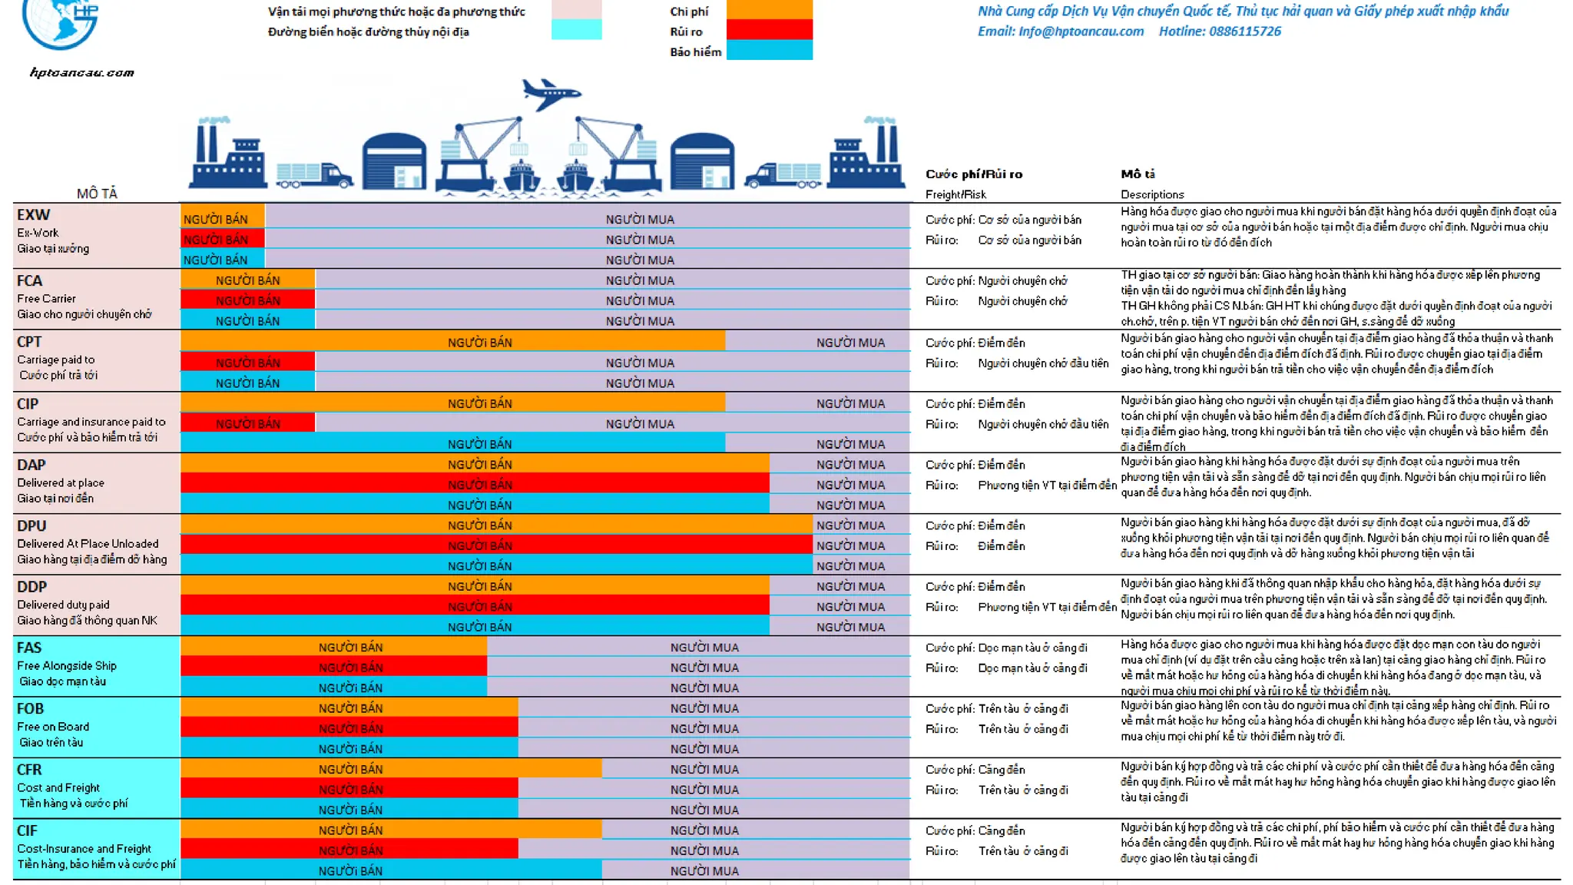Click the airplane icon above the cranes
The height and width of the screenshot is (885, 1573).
(550, 94)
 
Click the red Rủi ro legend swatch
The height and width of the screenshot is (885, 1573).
(769, 30)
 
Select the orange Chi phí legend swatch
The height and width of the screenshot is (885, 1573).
(769, 9)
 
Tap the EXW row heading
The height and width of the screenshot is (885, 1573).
(34, 215)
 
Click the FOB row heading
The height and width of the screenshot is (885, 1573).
(31, 708)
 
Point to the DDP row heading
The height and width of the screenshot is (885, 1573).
(32, 586)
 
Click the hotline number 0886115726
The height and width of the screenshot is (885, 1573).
(1244, 31)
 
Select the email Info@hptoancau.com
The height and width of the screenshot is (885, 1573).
(1080, 31)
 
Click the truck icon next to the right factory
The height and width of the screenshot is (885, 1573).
(783, 176)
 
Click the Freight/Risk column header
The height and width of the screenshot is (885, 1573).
(955, 194)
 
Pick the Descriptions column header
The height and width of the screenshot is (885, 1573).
(1152, 194)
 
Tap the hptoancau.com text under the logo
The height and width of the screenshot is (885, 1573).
(82, 73)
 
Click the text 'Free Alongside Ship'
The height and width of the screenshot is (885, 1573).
(67, 665)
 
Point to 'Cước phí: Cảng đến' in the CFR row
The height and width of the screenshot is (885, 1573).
(975, 769)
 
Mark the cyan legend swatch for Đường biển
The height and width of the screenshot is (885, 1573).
(576, 30)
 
